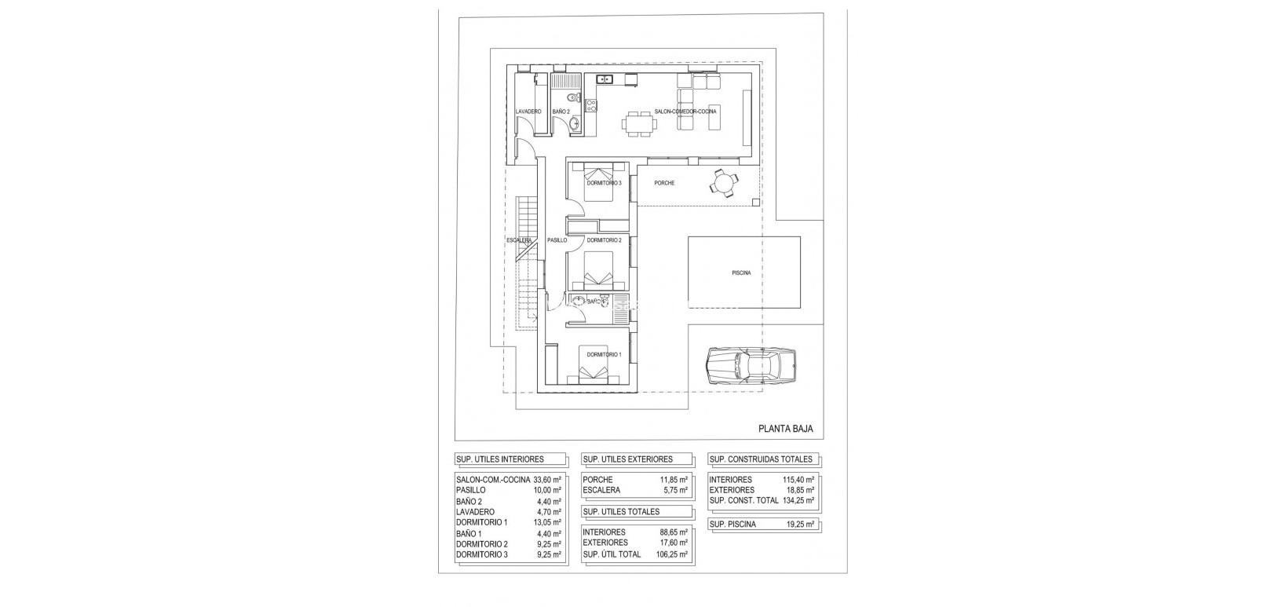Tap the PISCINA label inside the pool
point(741,273)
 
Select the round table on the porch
point(723,183)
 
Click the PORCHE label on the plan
point(664,183)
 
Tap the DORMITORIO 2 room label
point(604,240)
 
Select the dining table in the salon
point(639,123)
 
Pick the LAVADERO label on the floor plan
point(528,112)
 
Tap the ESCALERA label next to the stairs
point(520,240)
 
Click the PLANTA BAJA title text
point(785,429)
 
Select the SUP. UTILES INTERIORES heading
point(499,459)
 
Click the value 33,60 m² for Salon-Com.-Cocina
point(547,479)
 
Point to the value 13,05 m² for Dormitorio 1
point(547,522)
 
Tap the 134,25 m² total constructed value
point(799,500)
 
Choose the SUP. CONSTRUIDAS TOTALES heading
point(761,459)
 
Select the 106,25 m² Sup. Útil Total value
point(672,554)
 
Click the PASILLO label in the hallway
point(557,240)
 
